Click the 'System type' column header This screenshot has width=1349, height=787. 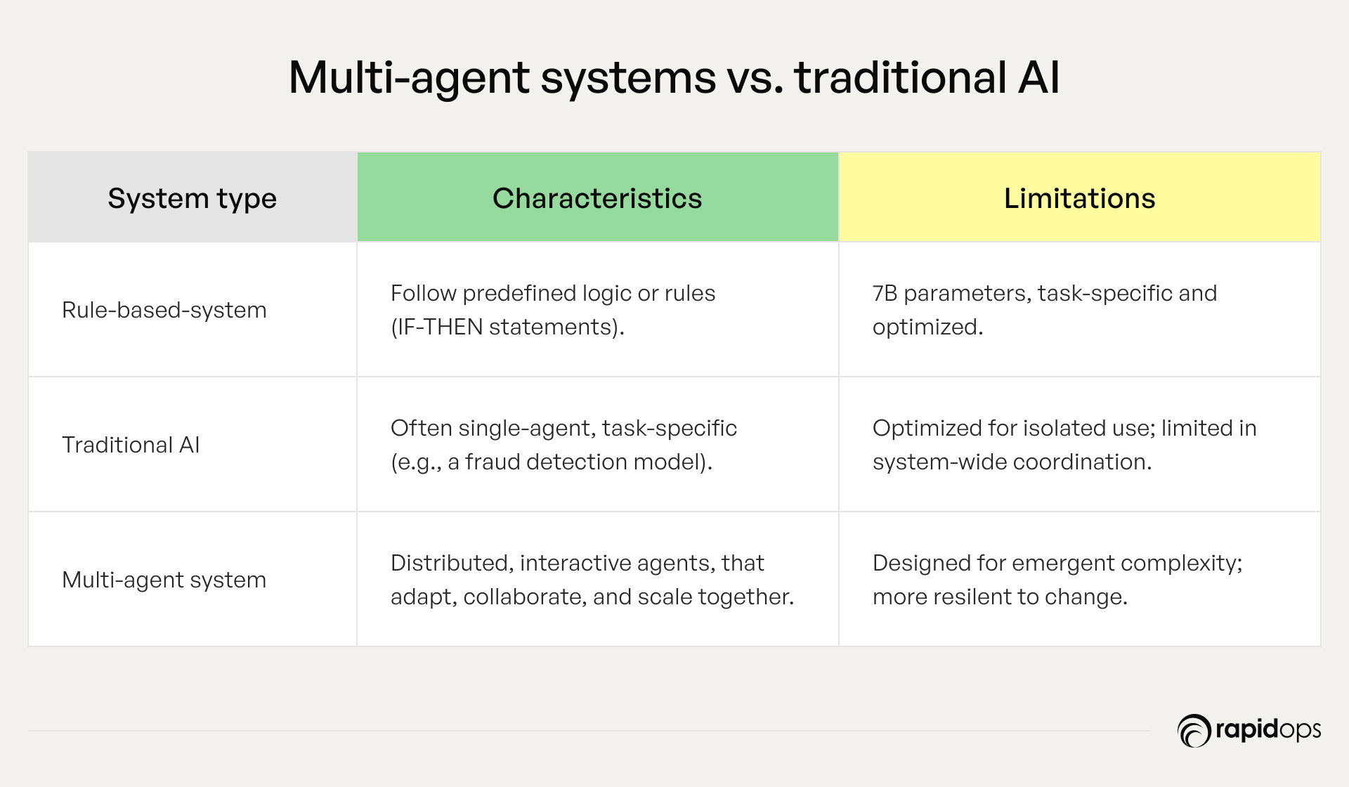click(192, 199)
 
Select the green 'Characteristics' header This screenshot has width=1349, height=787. click(597, 199)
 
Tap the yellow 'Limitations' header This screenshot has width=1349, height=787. click(1079, 199)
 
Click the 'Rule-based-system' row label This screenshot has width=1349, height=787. click(164, 310)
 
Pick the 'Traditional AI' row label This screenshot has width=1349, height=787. click(131, 445)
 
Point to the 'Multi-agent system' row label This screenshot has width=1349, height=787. click(164, 580)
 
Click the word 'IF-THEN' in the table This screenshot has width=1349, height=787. click(440, 327)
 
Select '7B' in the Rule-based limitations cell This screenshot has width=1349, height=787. click(885, 293)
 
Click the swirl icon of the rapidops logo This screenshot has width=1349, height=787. click(1194, 731)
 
